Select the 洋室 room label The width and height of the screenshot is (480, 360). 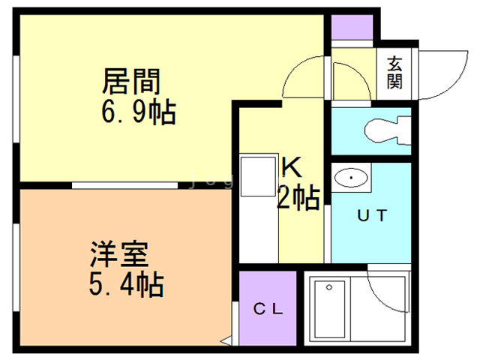120,251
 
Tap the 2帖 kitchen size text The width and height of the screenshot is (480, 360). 298,197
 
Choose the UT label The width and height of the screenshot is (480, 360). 371,216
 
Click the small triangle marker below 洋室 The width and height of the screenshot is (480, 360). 224,340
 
